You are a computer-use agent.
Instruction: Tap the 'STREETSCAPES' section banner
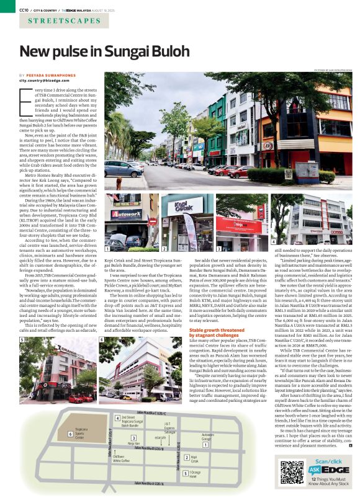[x=60, y=22]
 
